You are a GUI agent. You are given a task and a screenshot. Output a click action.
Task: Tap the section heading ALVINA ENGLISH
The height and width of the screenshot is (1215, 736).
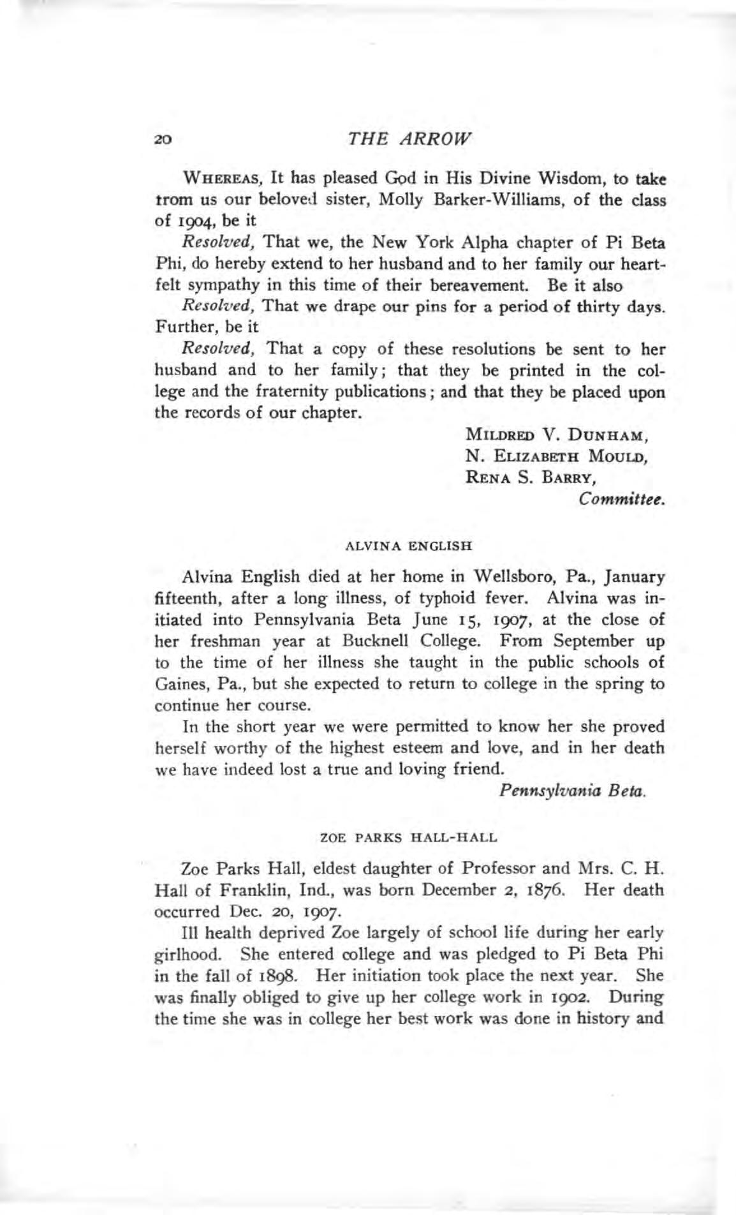(408, 546)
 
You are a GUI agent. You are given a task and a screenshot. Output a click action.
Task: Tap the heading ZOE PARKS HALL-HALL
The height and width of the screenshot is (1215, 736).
(409, 836)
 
